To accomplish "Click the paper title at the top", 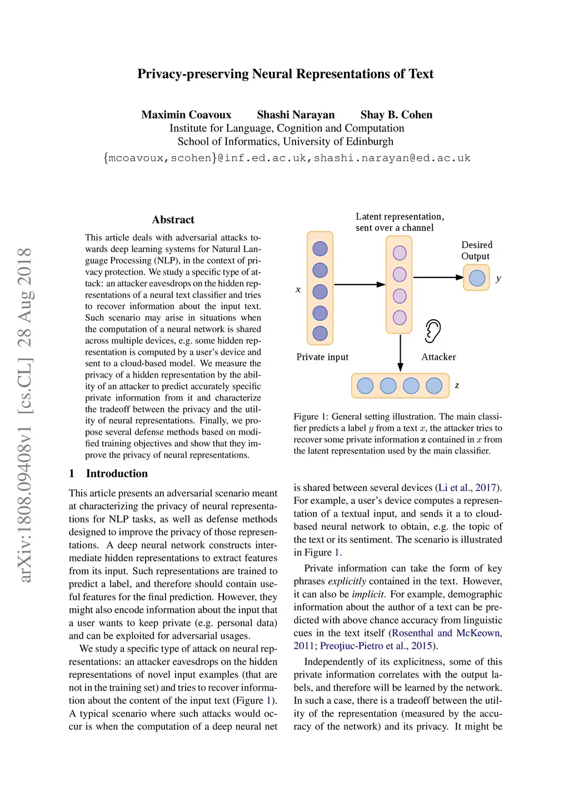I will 285,74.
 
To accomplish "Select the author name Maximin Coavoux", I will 186,115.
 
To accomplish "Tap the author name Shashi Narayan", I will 296,115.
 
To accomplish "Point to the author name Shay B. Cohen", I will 396,115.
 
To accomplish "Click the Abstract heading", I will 173,220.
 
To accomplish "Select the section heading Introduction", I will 117,474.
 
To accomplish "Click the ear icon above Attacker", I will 432,331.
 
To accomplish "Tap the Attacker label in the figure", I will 438,357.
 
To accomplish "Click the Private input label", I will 322,357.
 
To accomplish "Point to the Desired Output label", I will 477,250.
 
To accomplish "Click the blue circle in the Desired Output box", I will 477,277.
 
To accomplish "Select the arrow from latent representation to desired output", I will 438,277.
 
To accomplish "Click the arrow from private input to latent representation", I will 359,285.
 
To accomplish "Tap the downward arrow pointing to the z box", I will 400,352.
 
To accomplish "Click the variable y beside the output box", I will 498,278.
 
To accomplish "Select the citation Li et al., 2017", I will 467,488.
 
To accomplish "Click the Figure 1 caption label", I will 306,416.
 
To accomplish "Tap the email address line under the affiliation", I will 287,158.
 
